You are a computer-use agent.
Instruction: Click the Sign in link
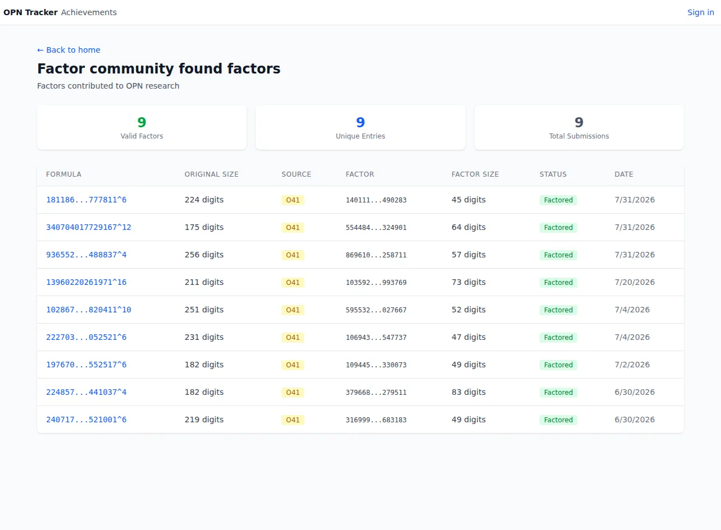click(700, 12)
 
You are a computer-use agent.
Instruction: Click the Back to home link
click(69, 50)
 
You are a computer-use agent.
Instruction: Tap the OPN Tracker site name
click(30, 12)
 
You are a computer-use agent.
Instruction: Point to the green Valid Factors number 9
click(142, 122)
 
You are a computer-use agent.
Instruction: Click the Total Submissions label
click(579, 136)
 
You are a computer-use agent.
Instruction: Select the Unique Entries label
click(360, 136)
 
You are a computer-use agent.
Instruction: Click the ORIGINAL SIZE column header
click(211, 174)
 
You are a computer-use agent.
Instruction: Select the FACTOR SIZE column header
click(474, 174)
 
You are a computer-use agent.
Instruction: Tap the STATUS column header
click(553, 174)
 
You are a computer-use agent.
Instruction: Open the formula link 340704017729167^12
click(89, 227)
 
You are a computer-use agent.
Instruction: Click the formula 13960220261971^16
click(86, 282)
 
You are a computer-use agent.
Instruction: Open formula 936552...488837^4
click(86, 255)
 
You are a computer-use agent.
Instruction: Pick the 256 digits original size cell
click(204, 255)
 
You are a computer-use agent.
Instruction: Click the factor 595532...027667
click(376, 310)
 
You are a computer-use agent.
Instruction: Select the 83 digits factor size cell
click(468, 392)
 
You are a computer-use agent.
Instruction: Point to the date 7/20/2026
click(635, 282)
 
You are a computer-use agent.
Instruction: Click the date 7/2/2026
click(632, 365)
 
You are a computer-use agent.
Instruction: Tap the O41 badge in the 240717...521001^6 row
click(293, 420)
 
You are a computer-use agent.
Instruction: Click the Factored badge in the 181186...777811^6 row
click(558, 200)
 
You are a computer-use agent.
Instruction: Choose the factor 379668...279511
click(376, 392)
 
